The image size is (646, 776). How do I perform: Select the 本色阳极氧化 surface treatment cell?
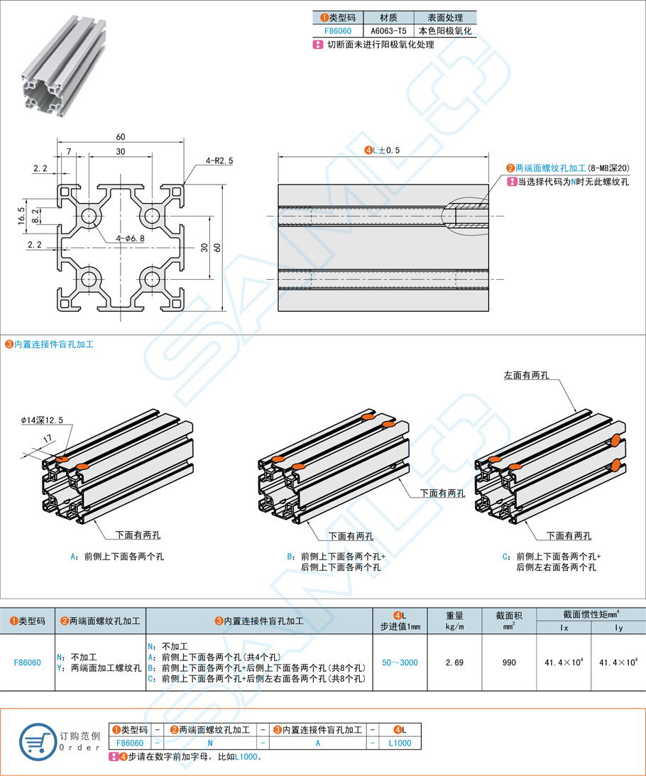445,31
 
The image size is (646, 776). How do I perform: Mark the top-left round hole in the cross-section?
90,216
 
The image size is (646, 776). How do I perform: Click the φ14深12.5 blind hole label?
42,420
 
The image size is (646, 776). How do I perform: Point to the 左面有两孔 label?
526,375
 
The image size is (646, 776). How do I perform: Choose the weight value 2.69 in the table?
454,662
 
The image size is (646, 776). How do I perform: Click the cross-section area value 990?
509,662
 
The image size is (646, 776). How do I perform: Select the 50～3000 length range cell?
400,662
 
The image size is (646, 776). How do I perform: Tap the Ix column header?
564,628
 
